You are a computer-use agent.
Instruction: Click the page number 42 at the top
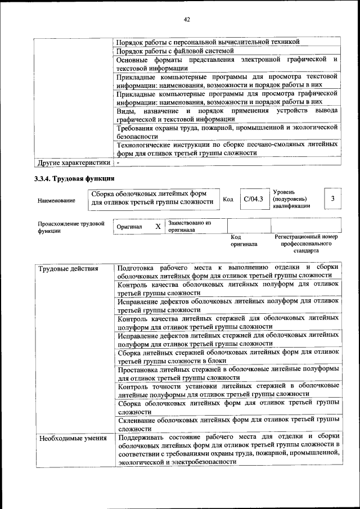187,20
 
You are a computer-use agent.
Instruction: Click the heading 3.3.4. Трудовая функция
71,179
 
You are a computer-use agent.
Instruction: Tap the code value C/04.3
253,199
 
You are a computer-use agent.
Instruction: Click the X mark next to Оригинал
158,226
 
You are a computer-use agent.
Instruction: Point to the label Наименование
56,200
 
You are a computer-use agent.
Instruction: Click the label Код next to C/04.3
228,199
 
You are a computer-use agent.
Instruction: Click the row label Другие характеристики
73,163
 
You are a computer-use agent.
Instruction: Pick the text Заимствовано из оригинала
189,226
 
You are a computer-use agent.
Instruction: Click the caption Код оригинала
243,241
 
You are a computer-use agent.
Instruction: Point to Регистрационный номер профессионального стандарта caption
306,245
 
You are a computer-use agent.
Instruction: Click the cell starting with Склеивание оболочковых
227,424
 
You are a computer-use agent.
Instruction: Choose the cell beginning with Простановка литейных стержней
227,373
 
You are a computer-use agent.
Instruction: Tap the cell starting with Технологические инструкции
227,148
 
